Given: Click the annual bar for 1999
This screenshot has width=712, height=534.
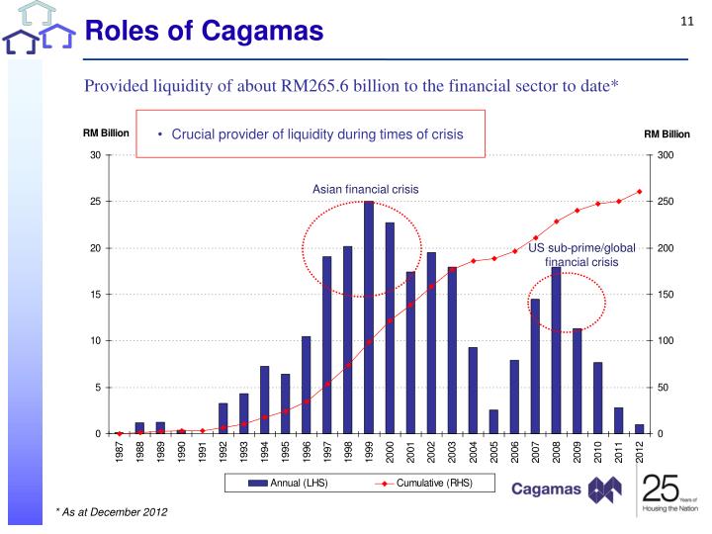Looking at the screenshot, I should coord(369,317).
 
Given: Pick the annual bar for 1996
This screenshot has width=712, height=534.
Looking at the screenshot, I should coord(307,385).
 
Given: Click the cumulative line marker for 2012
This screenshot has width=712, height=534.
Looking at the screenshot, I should coord(640,191).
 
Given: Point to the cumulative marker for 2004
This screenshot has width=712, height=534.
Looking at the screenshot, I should coord(473,261).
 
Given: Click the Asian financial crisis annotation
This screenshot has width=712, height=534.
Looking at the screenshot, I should coord(366,188).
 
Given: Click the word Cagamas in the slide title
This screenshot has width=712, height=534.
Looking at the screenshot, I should coord(264,32).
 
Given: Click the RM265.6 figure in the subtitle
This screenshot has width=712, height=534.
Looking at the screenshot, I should coord(337,88).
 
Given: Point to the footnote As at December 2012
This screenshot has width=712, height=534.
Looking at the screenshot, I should coord(112,511).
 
